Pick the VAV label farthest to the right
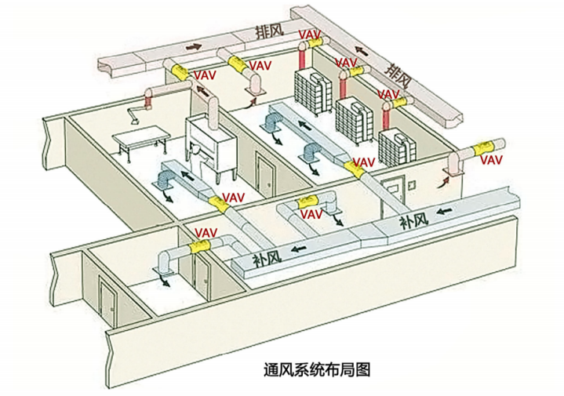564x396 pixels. tap(491, 160)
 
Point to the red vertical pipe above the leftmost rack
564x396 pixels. tap(301, 56)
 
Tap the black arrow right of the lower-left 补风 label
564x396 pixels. tap(298, 250)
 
